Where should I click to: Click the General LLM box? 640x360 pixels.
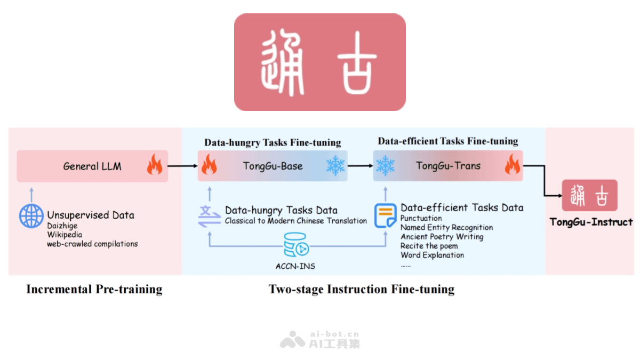pos(92,166)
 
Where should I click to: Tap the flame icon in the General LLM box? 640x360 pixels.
pos(155,166)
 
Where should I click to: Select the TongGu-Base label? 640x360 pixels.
pos(273,166)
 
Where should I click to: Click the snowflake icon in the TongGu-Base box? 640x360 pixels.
pos(335,166)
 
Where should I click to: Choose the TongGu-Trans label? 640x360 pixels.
pos(448,166)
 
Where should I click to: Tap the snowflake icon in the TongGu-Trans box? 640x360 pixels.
pos(385,166)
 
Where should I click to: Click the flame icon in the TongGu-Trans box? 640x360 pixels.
pos(512,166)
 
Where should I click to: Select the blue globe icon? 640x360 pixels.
pos(31,216)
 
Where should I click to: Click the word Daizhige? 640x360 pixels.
pos(62,226)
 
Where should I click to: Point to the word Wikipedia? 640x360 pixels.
pos(65,235)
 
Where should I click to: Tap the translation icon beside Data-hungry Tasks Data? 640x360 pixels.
pos(209,215)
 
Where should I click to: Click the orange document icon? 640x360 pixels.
pos(385,215)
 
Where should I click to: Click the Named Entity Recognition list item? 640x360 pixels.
pos(446,227)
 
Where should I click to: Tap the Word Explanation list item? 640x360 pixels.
pos(432,255)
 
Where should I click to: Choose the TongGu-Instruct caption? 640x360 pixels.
pos(591,222)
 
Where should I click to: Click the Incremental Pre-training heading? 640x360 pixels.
pos(94,290)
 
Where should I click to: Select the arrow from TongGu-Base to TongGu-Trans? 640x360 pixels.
pos(360,166)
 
